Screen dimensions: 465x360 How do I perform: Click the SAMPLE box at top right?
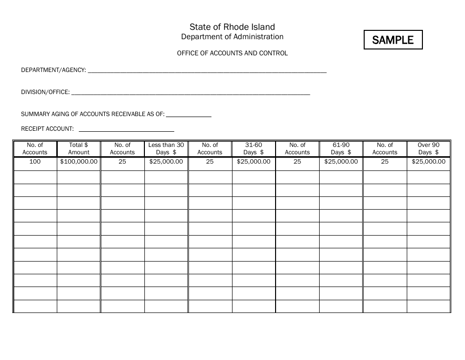click(393, 40)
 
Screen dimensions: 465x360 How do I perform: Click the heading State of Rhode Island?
click(232, 27)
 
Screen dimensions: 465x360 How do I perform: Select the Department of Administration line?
click(232, 37)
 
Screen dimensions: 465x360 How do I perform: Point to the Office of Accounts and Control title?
click(232, 53)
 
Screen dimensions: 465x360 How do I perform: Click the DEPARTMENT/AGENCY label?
click(53, 71)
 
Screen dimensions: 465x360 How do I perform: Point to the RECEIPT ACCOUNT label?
click(47, 129)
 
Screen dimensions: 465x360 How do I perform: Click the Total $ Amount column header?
click(79, 148)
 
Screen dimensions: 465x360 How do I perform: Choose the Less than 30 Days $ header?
click(166, 148)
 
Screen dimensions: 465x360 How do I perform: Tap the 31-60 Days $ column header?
click(254, 148)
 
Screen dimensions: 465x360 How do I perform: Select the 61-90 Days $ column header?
click(341, 148)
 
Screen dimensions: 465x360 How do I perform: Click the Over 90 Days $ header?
click(429, 148)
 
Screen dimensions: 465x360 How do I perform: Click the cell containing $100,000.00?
click(79, 162)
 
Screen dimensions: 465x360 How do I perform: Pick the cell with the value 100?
click(35, 162)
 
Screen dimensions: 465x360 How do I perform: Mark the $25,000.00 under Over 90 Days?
click(429, 162)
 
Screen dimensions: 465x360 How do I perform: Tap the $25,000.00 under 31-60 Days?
click(254, 162)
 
